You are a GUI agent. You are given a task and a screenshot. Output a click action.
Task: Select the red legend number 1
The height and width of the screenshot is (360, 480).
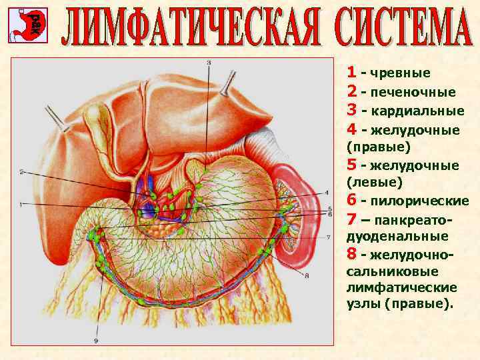351,73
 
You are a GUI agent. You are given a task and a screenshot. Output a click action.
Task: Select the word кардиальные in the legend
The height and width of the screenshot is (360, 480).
417,111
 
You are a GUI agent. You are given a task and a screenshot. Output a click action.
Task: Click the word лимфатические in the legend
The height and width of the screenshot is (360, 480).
402,287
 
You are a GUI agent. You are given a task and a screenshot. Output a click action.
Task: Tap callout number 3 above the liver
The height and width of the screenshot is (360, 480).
208,62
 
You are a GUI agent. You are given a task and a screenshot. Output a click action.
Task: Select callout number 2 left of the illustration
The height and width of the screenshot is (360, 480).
21,172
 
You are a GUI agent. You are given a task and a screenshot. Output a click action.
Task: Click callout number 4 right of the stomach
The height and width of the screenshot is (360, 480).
327,193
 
